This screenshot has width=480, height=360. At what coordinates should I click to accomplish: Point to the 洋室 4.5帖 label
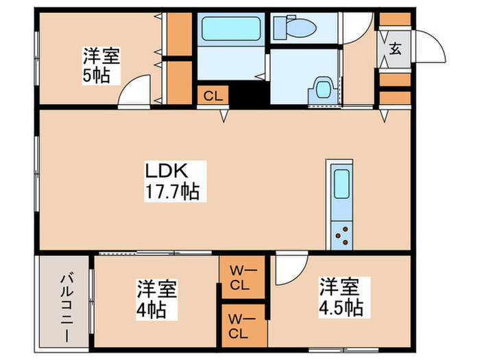point(339,296)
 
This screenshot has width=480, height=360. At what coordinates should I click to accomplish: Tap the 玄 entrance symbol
point(396,49)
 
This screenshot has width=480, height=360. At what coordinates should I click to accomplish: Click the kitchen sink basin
point(341,184)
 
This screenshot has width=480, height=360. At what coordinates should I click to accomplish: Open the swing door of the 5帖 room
point(132,93)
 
